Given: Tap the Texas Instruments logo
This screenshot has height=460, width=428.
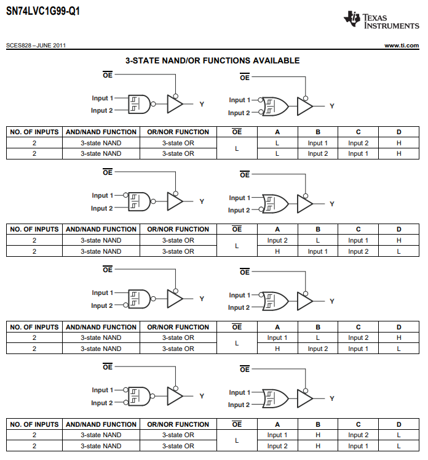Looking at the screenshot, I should tap(382, 20).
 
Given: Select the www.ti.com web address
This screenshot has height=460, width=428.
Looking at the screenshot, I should tap(401, 46).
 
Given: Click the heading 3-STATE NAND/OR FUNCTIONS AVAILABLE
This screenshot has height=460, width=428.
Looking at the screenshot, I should tap(213, 60).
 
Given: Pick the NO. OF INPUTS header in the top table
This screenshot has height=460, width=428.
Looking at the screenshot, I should tap(34, 132).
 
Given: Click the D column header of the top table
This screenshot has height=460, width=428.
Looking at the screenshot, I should tap(398, 132).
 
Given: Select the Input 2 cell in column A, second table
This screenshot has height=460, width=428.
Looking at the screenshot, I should tap(277, 240).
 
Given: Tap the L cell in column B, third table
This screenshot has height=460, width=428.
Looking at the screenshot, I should tap(318, 337).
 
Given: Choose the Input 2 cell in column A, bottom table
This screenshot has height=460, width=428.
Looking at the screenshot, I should tap(277, 446).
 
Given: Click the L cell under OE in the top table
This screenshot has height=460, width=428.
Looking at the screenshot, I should tap(237, 148).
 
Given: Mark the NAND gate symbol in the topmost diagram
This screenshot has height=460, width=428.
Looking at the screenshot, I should tap(140, 104).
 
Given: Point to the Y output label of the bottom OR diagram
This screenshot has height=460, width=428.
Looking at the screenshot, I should tap(332, 398).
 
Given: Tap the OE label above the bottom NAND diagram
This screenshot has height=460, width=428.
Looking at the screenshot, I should tap(108, 367).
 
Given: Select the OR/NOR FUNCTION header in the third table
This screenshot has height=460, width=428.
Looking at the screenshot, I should tap(178, 327).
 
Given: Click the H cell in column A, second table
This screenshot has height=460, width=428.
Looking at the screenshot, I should tap(277, 251).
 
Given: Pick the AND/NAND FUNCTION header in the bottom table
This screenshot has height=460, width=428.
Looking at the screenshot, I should tap(101, 424).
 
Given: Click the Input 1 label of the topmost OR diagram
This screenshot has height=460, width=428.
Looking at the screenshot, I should tap(239, 100).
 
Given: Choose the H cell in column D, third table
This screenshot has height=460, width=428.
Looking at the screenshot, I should tap(398, 337).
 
